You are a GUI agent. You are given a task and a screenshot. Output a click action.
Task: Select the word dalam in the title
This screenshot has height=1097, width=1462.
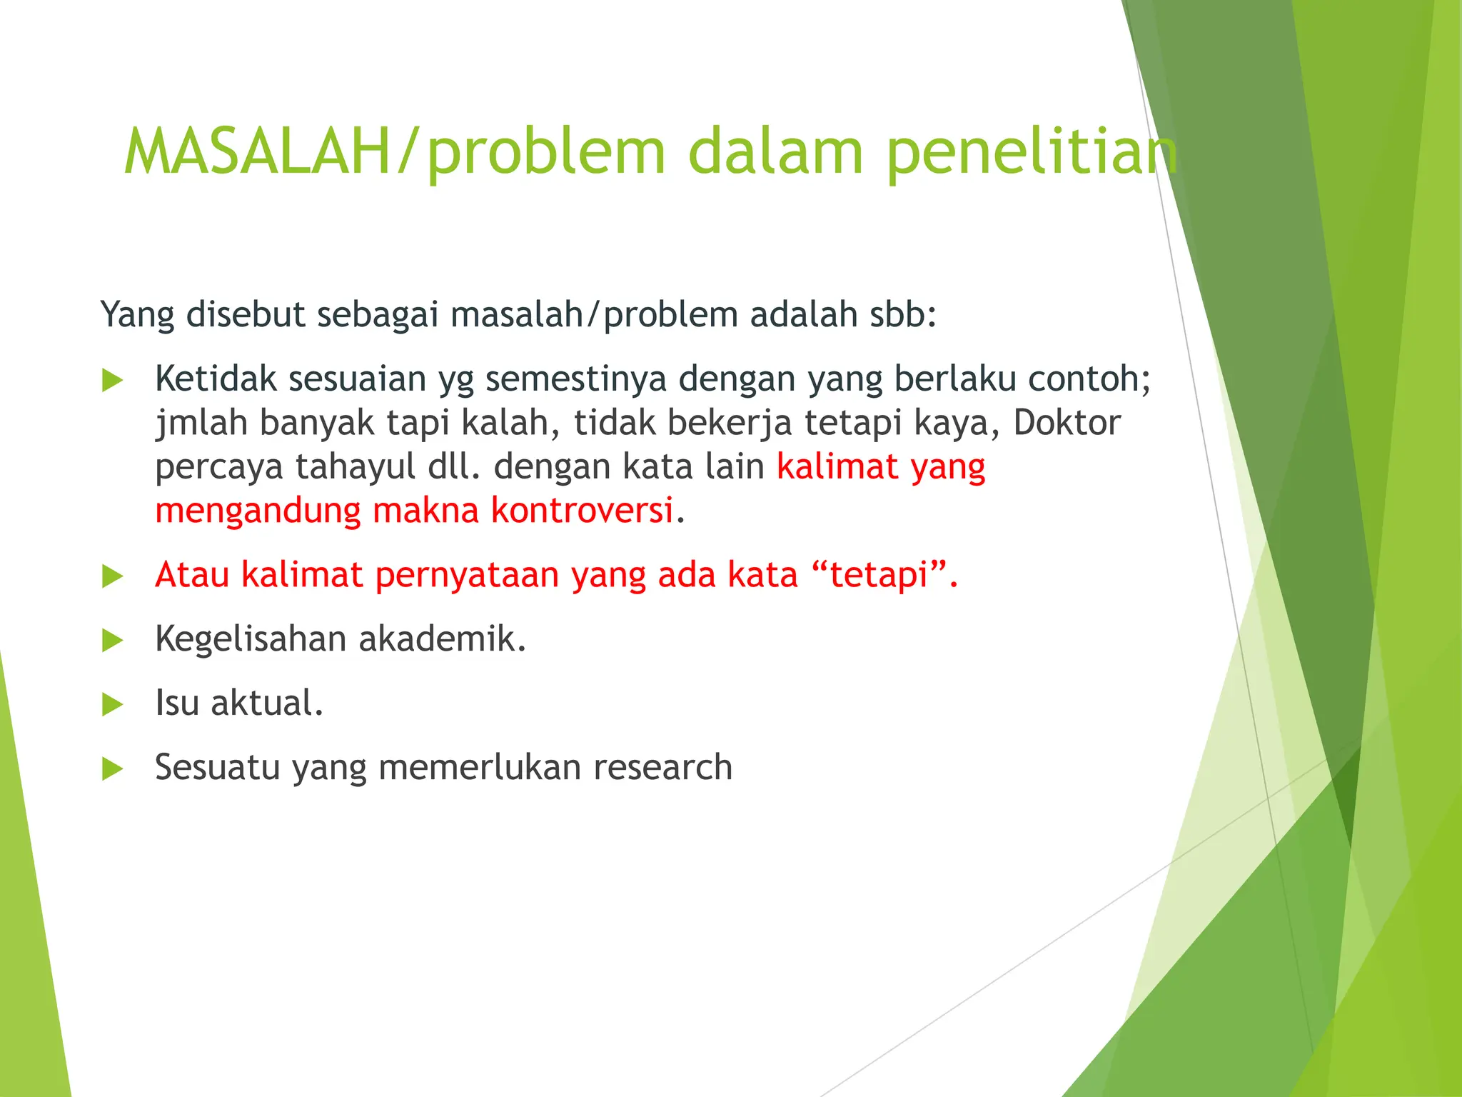click(775, 151)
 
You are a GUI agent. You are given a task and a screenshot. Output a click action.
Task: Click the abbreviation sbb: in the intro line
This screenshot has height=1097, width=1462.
click(902, 315)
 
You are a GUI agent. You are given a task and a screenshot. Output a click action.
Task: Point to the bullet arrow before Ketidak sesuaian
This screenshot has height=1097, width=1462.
click(112, 380)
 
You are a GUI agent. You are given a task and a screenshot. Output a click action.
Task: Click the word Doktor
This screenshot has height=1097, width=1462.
click(1067, 423)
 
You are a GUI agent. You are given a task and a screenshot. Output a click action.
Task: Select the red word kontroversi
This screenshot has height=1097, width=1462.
click(582, 511)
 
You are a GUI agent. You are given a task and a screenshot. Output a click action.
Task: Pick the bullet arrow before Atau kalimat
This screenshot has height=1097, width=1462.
click(112, 576)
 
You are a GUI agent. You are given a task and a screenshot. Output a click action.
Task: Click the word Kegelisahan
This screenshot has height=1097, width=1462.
click(250, 639)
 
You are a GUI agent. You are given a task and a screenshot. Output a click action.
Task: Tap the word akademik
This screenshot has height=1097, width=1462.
click(442, 639)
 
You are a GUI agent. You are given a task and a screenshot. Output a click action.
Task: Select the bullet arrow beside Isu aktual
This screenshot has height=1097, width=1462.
click(112, 704)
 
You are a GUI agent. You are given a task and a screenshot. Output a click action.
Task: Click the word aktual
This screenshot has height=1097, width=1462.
click(267, 703)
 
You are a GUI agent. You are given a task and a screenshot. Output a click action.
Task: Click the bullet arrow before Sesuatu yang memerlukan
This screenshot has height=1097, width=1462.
click(112, 768)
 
